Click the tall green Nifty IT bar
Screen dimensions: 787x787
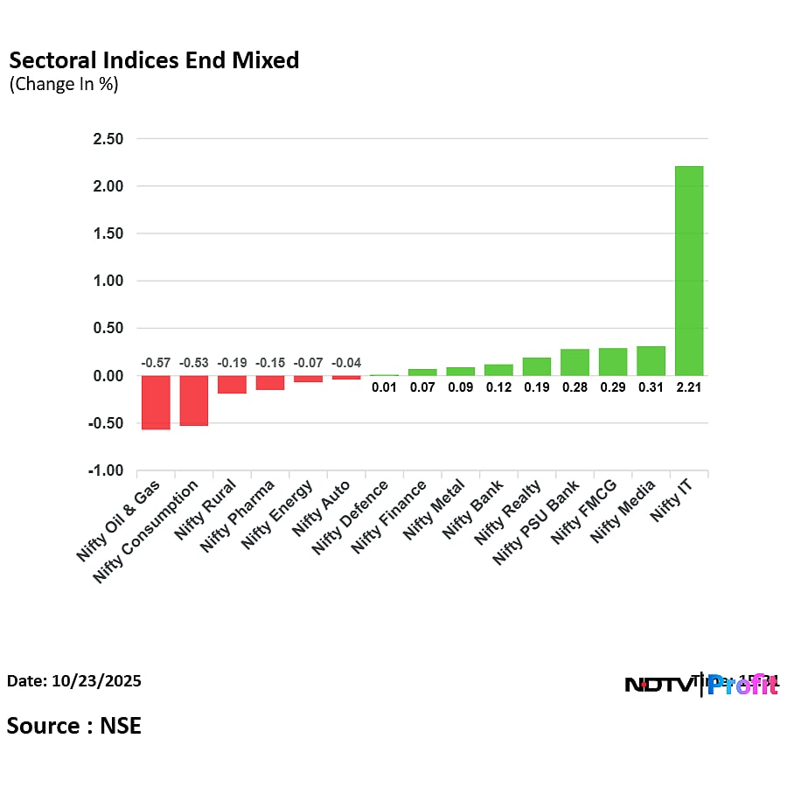coord(689,271)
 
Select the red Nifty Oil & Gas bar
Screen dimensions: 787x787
coord(156,402)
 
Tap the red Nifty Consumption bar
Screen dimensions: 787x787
coord(194,400)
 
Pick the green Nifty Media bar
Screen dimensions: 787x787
coord(651,361)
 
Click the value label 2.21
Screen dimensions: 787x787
coord(689,387)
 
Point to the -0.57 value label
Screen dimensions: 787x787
coord(156,363)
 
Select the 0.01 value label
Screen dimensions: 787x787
coord(384,387)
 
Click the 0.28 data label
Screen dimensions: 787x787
coord(575,387)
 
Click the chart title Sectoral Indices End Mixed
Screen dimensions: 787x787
coord(154,60)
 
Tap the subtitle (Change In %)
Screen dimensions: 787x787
coord(64,85)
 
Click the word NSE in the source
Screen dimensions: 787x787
coord(120,725)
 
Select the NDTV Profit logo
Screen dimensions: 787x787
coord(700,685)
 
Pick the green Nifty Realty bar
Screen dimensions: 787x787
coord(537,366)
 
